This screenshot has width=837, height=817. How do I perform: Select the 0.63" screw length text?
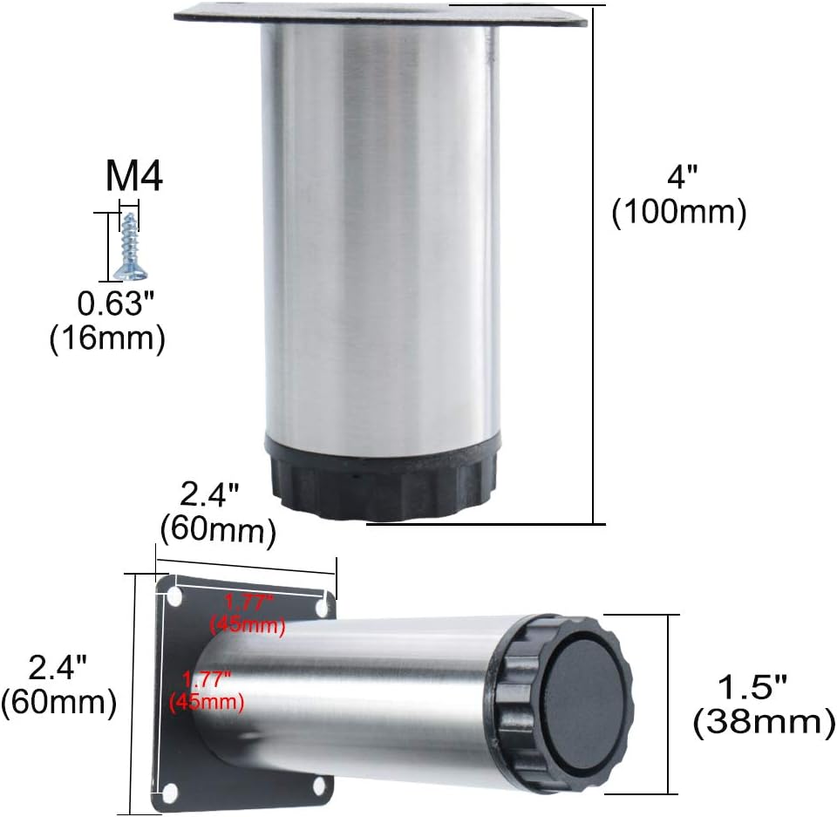pyautogui.click(x=115, y=303)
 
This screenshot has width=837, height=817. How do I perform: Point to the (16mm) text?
pyautogui.click(x=107, y=338)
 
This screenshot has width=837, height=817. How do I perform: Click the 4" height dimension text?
pyautogui.click(x=683, y=176)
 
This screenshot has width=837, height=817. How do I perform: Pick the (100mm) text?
pyautogui.click(x=679, y=212)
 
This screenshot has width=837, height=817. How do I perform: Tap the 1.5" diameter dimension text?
pyautogui.click(x=752, y=687)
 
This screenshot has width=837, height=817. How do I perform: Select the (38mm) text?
pyautogui.click(x=765, y=723)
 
